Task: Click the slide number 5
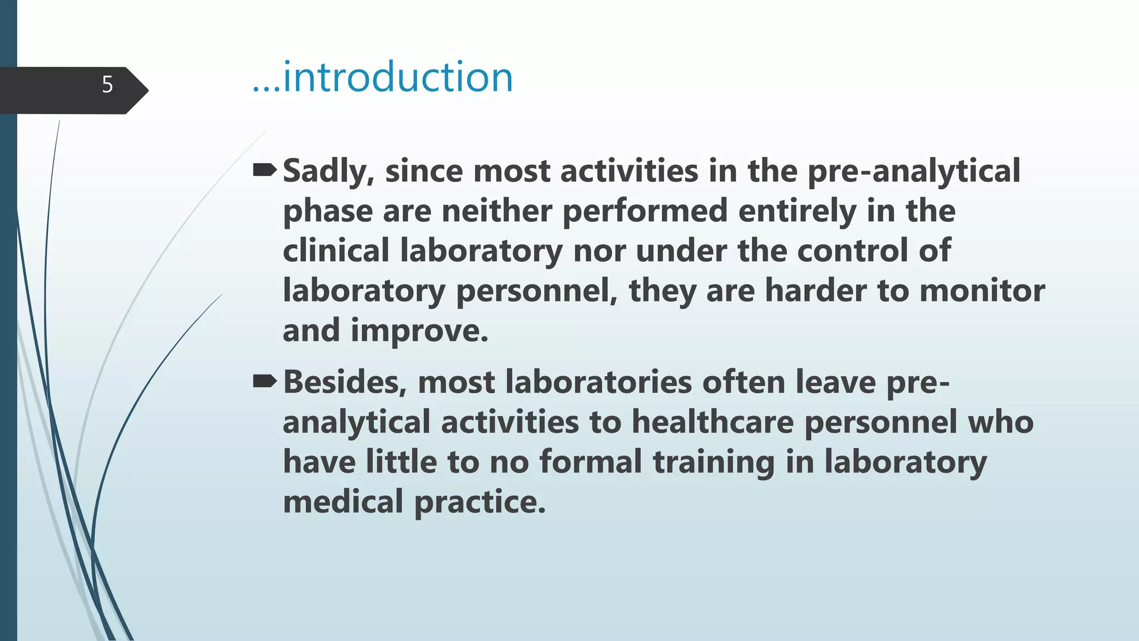[107, 85]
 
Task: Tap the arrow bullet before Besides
[265, 381]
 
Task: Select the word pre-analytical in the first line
[914, 171]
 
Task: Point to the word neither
[497, 211]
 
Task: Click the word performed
[645, 211]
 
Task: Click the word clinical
[336, 252]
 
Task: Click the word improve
[419, 331]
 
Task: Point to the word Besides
[345, 383]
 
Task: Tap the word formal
[591, 462]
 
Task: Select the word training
[714, 462]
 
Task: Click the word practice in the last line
[480, 502]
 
